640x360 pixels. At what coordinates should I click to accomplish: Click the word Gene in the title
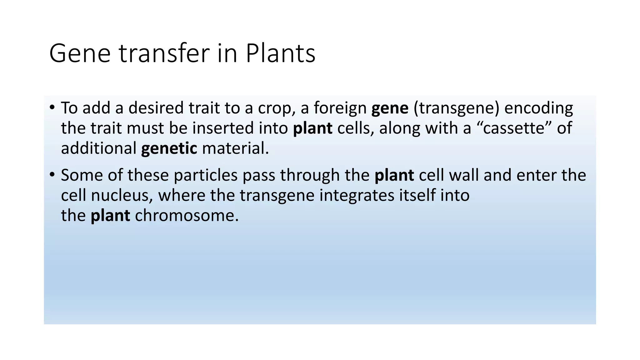click(80, 54)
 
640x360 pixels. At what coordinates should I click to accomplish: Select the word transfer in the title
click(164, 54)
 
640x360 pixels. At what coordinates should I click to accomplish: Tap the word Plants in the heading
click(280, 54)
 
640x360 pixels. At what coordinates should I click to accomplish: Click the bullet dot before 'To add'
click(52, 107)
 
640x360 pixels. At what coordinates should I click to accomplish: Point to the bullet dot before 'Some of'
click(52, 175)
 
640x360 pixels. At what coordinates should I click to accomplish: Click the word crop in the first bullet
click(276, 108)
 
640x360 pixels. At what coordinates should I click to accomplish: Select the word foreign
click(340, 108)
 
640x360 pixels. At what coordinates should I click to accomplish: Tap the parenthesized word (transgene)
click(456, 108)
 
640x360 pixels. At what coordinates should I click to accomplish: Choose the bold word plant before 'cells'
click(312, 129)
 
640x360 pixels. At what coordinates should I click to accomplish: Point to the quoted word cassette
click(514, 128)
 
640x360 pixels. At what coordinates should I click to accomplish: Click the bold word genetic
click(169, 148)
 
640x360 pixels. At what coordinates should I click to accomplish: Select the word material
click(235, 148)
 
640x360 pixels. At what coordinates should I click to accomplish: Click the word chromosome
click(187, 216)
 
